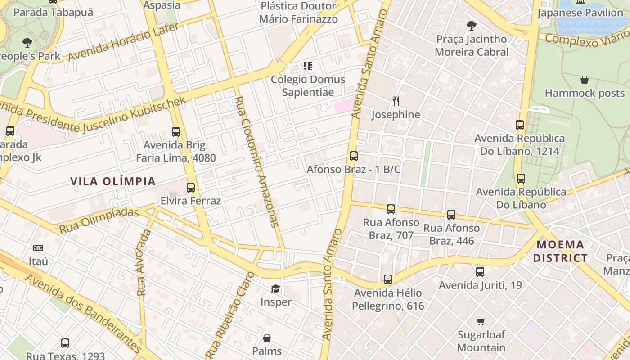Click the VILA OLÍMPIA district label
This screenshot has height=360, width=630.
[113, 181]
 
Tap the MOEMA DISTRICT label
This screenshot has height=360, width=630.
[562, 252]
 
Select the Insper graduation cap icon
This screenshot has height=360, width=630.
[275, 288]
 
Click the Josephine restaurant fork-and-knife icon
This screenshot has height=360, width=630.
[396, 101]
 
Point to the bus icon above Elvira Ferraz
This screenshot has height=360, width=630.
[191, 188]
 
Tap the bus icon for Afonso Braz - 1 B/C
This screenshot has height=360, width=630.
[354, 157]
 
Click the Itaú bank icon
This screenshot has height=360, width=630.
[38, 248]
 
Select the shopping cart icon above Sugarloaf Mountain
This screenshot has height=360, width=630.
[481, 321]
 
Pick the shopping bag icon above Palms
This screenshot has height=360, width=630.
[267, 337]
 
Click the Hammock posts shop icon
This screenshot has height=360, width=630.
[585, 80]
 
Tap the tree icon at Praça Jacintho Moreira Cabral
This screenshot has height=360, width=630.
[472, 26]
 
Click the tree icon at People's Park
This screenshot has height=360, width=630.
[27, 43]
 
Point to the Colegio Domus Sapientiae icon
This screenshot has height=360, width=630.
[308, 67]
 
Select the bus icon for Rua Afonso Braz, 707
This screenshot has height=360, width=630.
[391, 209]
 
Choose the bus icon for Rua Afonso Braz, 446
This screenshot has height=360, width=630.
[451, 215]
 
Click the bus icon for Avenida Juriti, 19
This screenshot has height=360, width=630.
[480, 272]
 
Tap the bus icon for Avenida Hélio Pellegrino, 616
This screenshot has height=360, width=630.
[388, 279]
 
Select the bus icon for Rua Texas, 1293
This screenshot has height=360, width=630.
[65, 343]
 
